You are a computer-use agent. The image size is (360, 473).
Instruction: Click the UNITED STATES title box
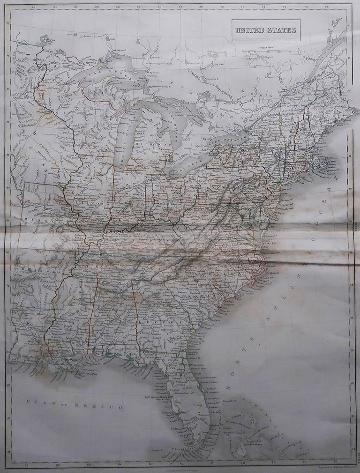266,30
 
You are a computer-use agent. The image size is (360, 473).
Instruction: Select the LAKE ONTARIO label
227,137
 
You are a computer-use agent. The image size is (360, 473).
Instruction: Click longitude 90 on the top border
97,7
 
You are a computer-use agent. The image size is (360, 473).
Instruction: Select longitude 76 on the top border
243,7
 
